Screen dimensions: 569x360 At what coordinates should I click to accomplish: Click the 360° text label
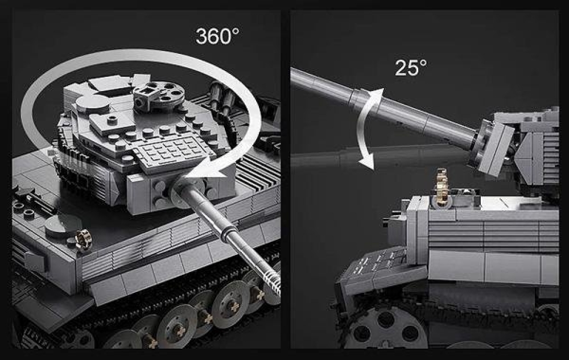[217, 36]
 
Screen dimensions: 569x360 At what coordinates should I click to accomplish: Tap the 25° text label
[410, 68]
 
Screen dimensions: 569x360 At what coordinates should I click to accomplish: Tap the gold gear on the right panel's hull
[442, 188]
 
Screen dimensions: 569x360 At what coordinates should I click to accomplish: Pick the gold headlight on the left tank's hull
[83, 239]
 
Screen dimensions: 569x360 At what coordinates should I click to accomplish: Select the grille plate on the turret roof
[171, 152]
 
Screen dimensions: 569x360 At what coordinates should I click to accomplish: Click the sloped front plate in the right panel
[379, 270]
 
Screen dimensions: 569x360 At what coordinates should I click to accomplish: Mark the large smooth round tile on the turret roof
[92, 103]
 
